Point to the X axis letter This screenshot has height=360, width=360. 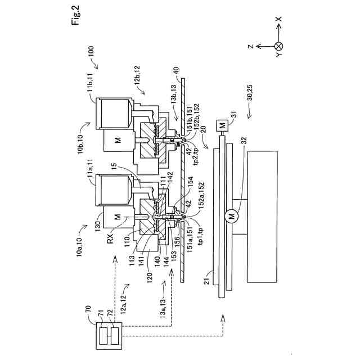point(278,19)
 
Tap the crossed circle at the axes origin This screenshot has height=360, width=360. point(278,47)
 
